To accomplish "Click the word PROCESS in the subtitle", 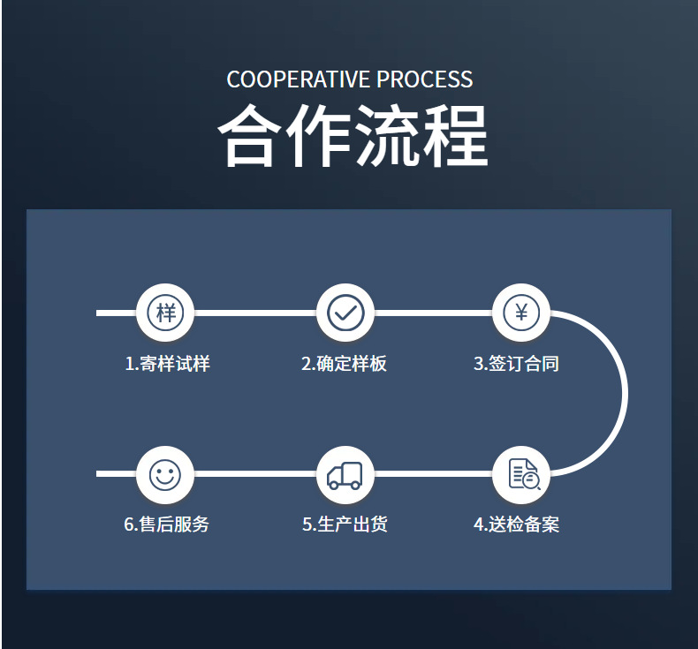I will pyautogui.click(x=425, y=79).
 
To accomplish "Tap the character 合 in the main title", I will pyautogui.click(x=251, y=137).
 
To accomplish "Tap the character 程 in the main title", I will pyautogui.click(x=454, y=137).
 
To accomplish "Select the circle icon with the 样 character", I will pyautogui.click(x=165, y=313).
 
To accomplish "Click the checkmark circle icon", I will pyautogui.click(x=345, y=313).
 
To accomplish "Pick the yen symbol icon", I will pyautogui.click(x=521, y=313).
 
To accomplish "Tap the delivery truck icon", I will pyautogui.click(x=345, y=475).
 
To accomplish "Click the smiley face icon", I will pyautogui.click(x=164, y=475).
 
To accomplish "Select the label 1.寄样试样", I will pyautogui.click(x=167, y=364).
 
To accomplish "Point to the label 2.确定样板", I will pyautogui.click(x=345, y=364).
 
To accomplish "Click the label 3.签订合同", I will pyautogui.click(x=517, y=364).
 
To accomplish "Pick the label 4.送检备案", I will pyautogui.click(x=517, y=524).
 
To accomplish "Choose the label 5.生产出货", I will pyautogui.click(x=345, y=524).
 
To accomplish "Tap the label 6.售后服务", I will pyautogui.click(x=167, y=524).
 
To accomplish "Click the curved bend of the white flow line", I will pyautogui.click(x=623, y=393).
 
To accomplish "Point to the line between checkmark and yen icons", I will pyautogui.click(x=433, y=313).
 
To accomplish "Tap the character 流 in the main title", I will pyautogui.click(x=387, y=137).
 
